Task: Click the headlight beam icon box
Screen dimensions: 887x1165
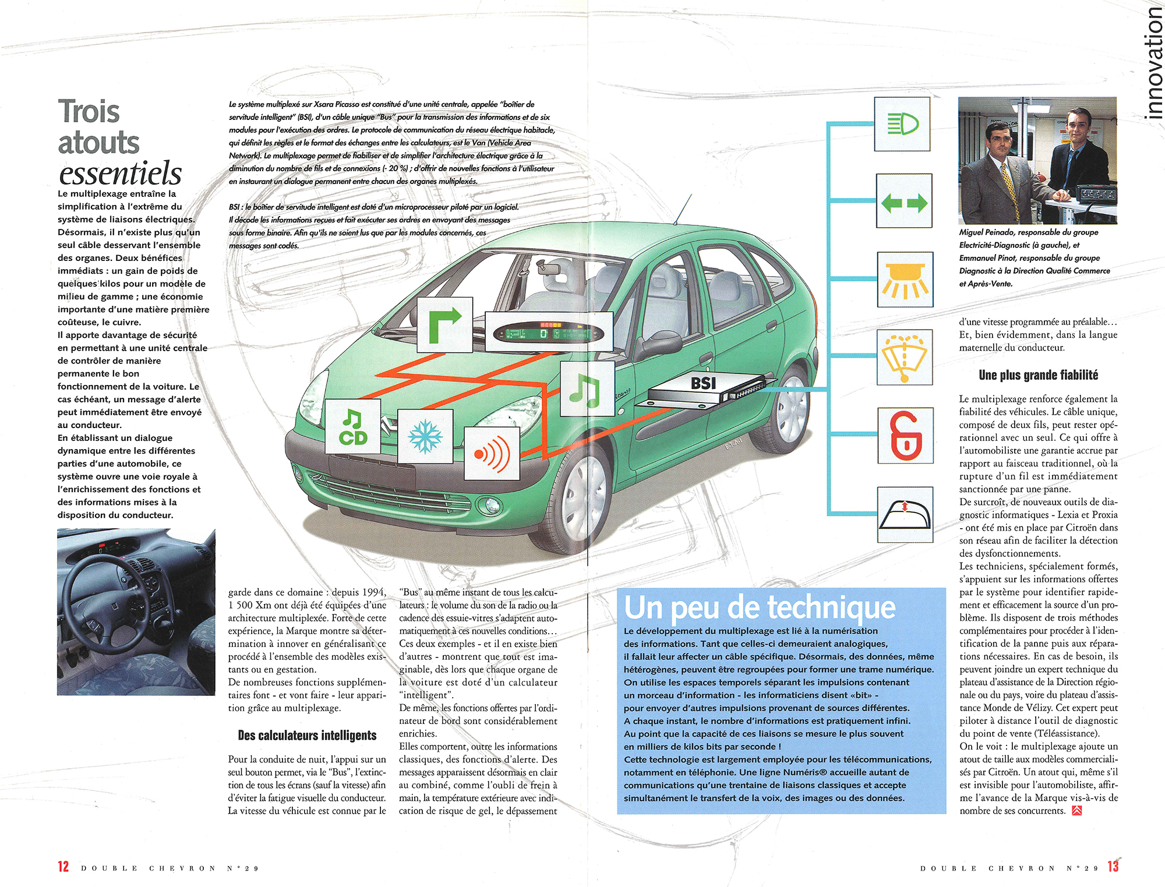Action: (902, 124)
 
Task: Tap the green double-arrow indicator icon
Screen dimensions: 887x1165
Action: (904, 202)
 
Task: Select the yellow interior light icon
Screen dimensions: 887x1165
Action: (905, 280)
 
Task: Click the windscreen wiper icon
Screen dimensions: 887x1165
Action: (905, 356)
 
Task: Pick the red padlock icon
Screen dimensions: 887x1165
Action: (905, 436)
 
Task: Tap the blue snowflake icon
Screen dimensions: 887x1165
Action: (425, 436)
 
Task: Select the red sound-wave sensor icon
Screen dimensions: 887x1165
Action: (492, 453)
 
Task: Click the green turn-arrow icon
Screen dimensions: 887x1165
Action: (445, 324)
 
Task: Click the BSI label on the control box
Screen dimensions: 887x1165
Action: (703, 383)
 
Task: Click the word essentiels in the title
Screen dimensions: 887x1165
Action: (121, 173)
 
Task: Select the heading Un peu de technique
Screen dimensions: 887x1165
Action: (760, 607)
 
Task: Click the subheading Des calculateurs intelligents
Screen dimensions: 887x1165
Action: (307, 736)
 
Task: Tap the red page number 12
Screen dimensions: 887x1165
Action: (63, 867)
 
